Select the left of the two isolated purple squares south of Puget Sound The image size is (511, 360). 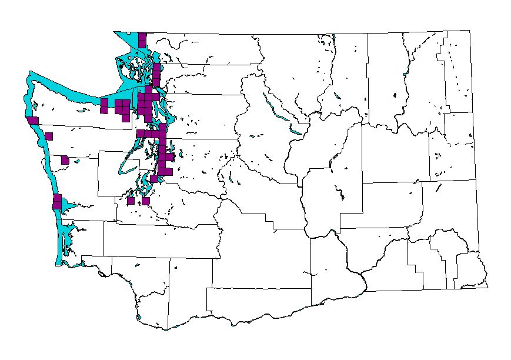click(131, 201)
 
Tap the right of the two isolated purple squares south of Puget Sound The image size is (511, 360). click(145, 201)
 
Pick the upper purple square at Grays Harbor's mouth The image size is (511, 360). click(58, 198)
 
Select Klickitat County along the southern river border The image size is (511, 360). click(259, 306)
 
